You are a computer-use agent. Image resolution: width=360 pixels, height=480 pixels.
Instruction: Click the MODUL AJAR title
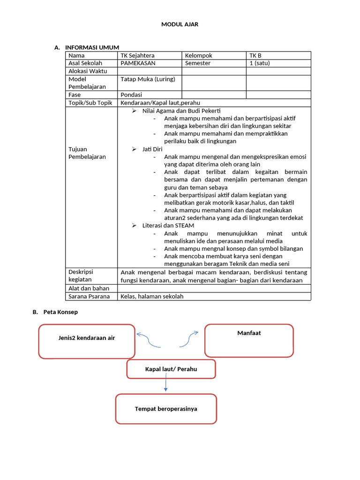[180, 24]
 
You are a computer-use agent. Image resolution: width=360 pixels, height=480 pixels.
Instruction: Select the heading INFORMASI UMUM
[92, 47]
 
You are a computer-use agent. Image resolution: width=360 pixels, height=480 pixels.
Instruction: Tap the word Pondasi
[131, 95]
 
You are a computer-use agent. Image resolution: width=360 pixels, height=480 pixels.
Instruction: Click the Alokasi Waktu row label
[88, 71]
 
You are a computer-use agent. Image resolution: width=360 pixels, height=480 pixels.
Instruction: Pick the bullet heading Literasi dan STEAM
[168, 225]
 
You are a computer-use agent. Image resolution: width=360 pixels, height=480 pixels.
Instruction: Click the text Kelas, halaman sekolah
[152, 296]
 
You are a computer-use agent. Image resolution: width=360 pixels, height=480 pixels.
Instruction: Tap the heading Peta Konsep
[60, 312]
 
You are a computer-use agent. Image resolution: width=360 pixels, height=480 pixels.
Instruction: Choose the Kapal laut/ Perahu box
[171, 369]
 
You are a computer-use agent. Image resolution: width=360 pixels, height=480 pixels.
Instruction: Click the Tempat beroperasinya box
[166, 409]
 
